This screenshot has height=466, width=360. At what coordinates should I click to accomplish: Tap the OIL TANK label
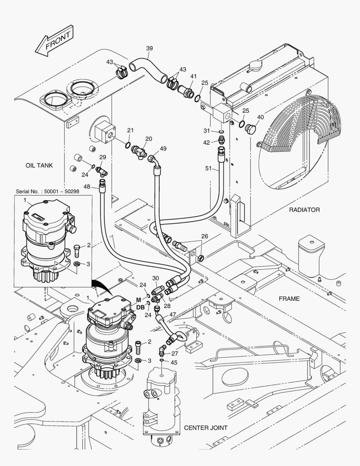[40, 165]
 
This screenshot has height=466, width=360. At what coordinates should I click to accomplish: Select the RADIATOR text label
[304, 210]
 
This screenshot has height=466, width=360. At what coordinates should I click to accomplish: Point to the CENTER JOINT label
[206, 428]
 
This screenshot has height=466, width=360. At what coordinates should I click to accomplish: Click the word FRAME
[289, 298]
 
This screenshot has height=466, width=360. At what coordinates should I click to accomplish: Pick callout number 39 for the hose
[149, 48]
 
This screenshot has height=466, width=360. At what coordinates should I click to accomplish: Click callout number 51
[208, 170]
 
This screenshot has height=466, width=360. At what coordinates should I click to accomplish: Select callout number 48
[87, 186]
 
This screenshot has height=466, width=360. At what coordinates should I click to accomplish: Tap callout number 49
[163, 148]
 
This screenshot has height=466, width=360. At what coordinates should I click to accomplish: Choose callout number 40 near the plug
[260, 116]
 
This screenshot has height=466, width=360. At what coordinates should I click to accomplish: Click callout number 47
[172, 315]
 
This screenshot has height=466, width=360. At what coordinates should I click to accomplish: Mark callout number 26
[204, 236]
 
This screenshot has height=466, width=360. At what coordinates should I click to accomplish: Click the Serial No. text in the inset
[47, 191]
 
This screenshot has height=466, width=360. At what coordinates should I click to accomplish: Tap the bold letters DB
[141, 307]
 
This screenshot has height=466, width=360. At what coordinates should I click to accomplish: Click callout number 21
[130, 130]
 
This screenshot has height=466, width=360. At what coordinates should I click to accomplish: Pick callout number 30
[155, 278]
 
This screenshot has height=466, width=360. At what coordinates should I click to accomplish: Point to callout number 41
[193, 76]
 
